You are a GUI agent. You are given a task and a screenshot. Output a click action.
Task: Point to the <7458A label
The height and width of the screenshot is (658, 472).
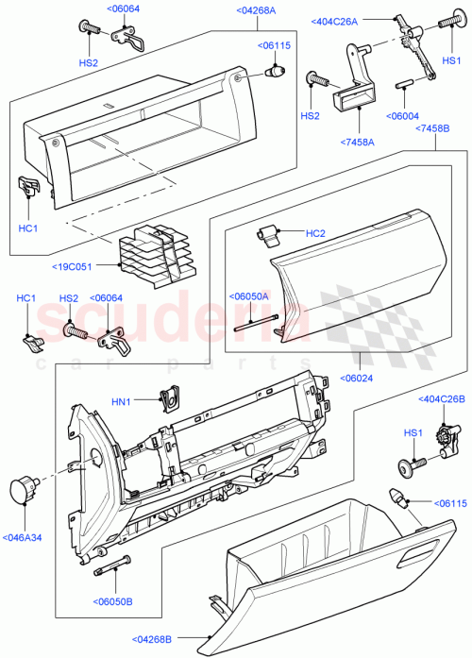tap(358, 143)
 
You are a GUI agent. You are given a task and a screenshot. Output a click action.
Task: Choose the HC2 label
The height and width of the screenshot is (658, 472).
tap(315, 233)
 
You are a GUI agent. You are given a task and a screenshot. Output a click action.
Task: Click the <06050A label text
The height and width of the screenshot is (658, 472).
tap(249, 295)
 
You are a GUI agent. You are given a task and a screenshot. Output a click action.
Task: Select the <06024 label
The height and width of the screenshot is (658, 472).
tap(359, 381)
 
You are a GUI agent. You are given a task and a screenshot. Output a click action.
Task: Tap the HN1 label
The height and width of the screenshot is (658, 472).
tap(121, 402)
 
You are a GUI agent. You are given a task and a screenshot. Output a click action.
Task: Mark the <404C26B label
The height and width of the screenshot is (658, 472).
tap(442, 400)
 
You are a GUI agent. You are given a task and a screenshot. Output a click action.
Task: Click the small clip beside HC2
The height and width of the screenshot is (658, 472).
tap(272, 233)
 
